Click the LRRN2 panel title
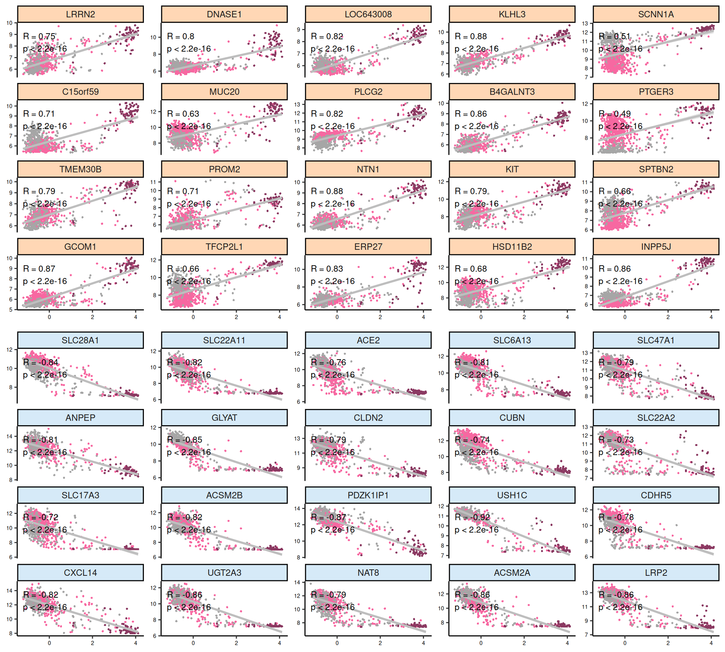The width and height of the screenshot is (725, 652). click(x=80, y=14)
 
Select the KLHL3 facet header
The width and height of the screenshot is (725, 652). click(x=512, y=14)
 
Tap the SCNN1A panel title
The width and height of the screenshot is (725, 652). click(x=656, y=14)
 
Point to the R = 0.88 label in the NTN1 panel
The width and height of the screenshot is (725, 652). click(x=327, y=191)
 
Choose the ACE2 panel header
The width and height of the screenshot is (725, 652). click(x=368, y=340)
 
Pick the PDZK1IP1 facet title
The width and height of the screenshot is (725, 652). click(x=368, y=495)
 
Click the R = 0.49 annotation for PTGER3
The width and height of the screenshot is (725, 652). click(x=615, y=114)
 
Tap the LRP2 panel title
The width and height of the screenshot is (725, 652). click(x=656, y=573)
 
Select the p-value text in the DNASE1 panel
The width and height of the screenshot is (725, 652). click(x=189, y=49)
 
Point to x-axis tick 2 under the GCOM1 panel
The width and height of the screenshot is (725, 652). click(x=93, y=317)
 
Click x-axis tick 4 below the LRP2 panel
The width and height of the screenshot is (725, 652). click(x=711, y=643)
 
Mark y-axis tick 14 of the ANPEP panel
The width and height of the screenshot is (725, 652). click(x=9, y=437)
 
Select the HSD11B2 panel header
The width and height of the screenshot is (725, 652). click(x=512, y=247)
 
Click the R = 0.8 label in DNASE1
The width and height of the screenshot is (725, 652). click(x=180, y=37)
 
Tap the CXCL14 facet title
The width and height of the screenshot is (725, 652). click(x=80, y=573)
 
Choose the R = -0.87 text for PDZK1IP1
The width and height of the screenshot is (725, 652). click(x=329, y=517)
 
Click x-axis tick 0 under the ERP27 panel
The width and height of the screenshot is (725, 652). click(x=337, y=317)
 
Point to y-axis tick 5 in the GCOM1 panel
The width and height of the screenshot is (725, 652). click(x=11, y=310)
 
